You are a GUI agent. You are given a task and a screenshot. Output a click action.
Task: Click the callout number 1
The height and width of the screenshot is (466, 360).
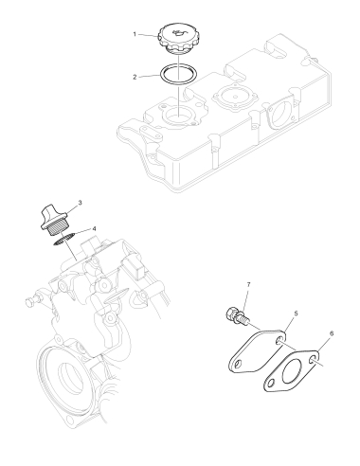click(135, 34)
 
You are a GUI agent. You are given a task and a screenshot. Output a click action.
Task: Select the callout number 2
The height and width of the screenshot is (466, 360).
click(135, 77)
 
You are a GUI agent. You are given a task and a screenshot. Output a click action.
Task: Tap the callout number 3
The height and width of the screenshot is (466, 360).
click(80, 203)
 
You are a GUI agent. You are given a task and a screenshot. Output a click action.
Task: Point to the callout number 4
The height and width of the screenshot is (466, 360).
click(94, 228)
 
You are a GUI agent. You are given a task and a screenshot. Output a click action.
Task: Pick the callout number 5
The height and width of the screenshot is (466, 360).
click(296, 314)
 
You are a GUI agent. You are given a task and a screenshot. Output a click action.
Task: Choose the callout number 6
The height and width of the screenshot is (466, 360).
click(332, 333)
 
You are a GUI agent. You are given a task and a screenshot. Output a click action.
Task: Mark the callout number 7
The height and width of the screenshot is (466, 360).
click(248, 285)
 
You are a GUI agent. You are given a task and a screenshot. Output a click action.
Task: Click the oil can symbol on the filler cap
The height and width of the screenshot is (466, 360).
click(178, 32)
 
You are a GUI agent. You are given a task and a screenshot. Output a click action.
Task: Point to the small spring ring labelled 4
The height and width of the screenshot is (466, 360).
click(63, 239)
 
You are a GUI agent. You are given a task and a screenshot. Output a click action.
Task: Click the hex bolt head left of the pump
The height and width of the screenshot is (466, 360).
click(29, 302)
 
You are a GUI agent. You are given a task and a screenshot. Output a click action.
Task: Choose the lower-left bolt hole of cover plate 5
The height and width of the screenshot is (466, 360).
click(238, 365)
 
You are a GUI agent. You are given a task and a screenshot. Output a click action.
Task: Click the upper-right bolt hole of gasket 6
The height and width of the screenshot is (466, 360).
click(314, 358)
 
